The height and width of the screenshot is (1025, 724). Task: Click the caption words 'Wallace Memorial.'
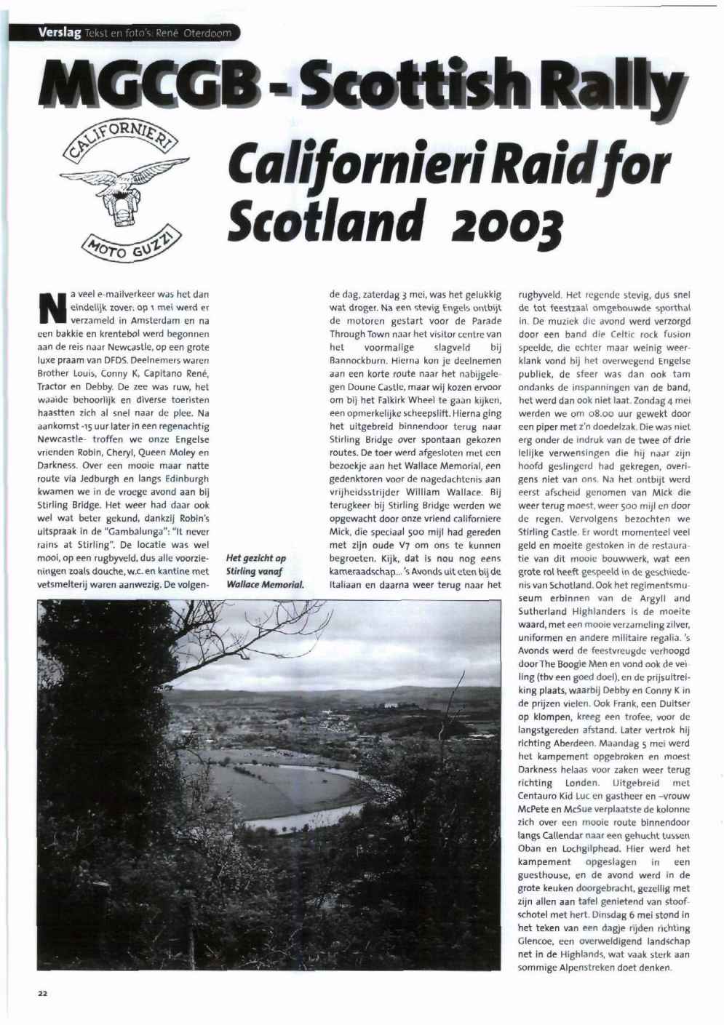coord(265,584)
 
